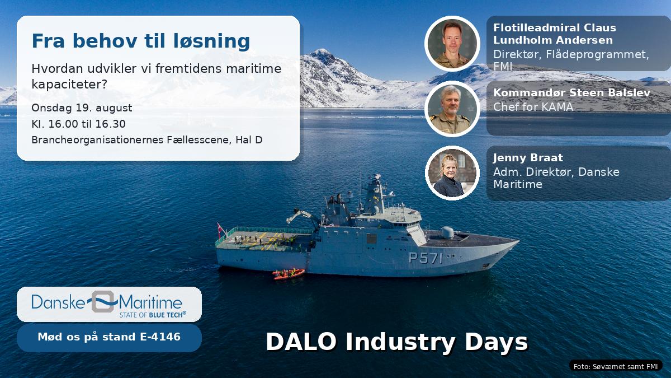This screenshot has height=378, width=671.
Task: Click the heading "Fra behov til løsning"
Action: (x=141, y=41)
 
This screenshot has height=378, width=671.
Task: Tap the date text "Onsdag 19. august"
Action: (x=82, y=108)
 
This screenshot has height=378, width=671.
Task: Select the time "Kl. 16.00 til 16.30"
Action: (x=78, y=124)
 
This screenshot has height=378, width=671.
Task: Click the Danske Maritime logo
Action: (x=109, y=304)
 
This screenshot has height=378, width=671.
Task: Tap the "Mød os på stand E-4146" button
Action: (x=109, y=337)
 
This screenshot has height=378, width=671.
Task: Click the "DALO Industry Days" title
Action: (x=397, y=342)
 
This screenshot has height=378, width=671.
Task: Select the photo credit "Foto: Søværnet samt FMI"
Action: (x=616, y=366)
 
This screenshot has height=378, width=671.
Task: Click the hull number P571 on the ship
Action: (x=426, y=258)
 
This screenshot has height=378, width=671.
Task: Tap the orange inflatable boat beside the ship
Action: (x=288, y=274)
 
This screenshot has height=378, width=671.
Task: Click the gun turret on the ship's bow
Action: (x=447, y=232)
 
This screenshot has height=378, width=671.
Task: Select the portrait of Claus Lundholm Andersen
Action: (x=452, y=44)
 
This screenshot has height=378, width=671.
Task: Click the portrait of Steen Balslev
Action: (x=452, y=109)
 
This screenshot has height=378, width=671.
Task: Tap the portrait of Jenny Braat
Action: (x=452, y=173)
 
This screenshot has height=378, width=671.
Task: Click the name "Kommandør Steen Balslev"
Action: (x=571, y=93)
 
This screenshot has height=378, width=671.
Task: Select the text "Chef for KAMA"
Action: (x=533, y=107)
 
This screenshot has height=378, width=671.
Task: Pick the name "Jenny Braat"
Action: (x=528, y=158)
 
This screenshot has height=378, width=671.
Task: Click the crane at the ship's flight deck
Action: (x=303, y=217)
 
